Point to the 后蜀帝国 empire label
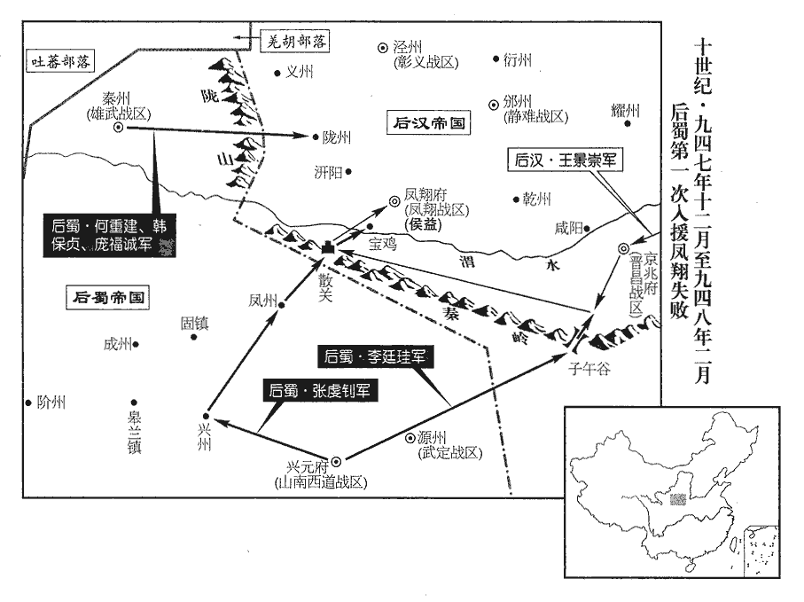click(x=106, y=298)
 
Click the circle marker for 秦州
click(x=118, y=128)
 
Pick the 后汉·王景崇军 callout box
click(x=566, y=161)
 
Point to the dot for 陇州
click(x=316, y=137)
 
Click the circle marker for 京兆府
click(x=624, y=249)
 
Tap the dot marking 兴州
click(x=205, y=415)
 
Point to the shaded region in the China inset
click(x=677, y=499)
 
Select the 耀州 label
click(x=626, y=112)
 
